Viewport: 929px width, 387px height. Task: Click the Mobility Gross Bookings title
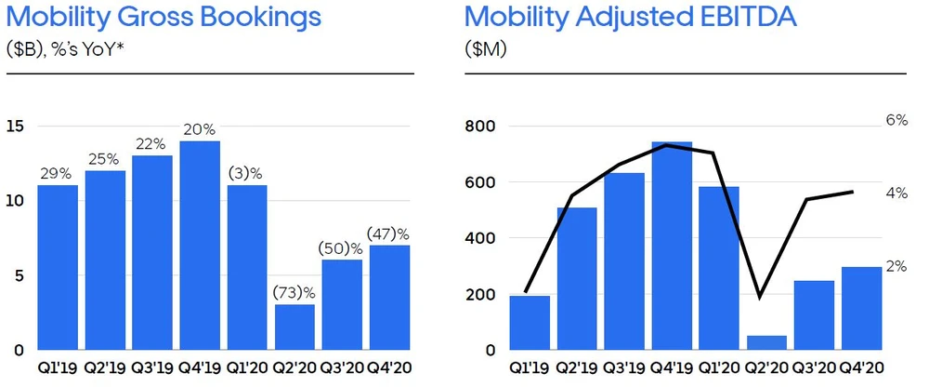pyautogui.click(x=162, y=18)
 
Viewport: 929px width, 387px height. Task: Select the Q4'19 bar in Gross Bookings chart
pyautogui.click(x=199, y=246)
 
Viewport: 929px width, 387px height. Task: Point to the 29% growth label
pyautogui.click(x=56, y=173)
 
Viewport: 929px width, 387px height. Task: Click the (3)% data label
pyautogui.click(x=246, y=173)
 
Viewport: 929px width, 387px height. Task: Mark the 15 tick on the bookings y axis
pyautogui.click(x=13, y=127)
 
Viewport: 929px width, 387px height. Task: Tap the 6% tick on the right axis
pyautogui.click(x=896, y=120)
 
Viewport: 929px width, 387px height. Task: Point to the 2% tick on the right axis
pyautogui.click(x=896, y=266)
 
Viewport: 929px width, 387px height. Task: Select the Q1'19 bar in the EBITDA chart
pyautogui.click(x=530, y=323)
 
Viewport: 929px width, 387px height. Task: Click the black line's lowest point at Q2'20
pyautogui.click(x=761, y=297)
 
